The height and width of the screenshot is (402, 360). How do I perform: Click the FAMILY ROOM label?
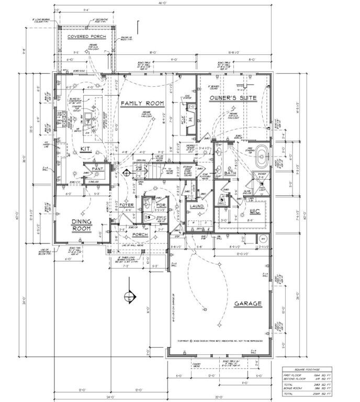point(142,104)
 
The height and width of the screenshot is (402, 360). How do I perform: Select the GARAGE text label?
point(248,303)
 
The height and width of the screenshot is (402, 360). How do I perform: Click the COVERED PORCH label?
point(86,37)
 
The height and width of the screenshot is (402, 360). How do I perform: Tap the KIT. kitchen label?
point(86,149)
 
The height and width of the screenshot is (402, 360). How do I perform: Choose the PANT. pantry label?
point(98,169)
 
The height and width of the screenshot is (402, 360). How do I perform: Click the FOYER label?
point(126,205)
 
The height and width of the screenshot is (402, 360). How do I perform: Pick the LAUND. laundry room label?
point(197,206)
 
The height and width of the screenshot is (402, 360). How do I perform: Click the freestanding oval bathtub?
point(261,157)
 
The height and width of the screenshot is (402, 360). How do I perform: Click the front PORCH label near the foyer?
point(140,234)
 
